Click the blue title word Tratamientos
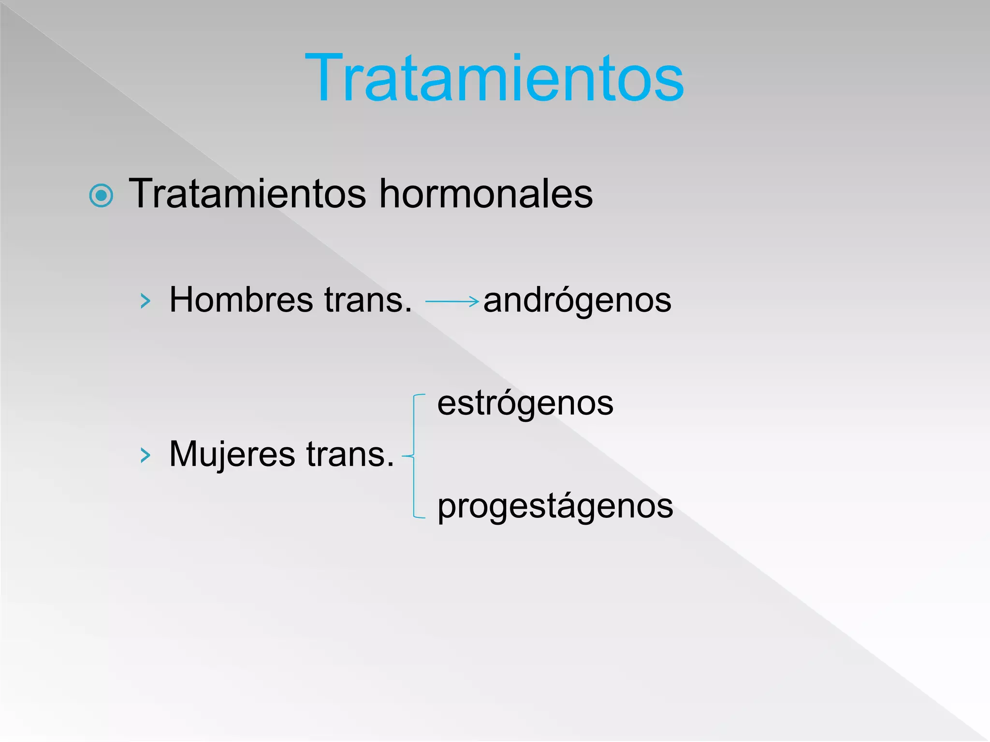tap(494, 78)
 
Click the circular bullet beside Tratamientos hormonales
tap(102, 196)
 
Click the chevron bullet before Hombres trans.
tap(145, 301)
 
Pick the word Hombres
tap(241, 300)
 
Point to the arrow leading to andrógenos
tap(452, 301)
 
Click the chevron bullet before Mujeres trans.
tap(145, 455)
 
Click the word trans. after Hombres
tap(368, 300)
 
